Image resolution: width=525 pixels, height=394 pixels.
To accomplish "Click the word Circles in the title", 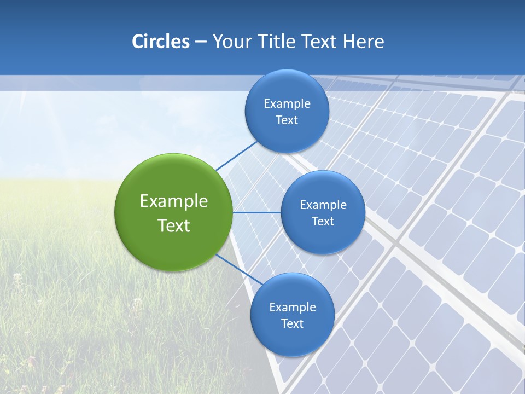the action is pyautogui.click(x=161, y=42).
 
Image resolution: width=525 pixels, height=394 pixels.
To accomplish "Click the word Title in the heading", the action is pyautogui.click(x=276, y=42).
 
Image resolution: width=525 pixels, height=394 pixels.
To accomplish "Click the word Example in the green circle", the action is pyautogui.click(x=174, y=201).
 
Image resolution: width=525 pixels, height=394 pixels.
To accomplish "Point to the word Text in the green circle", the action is pyautogui.click(x=174, y=225).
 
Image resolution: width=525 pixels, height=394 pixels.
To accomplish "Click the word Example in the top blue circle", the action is pyautogui.click(x=287, y=103).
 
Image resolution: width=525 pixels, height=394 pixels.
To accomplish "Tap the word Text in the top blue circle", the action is pyautogui.click(x=287, y=120).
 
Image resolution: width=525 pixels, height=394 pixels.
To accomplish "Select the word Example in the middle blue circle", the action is pyautogui.click(x=323, y=205).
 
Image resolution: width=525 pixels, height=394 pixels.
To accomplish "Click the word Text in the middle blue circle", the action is pyautogui.click(x=323, y=221).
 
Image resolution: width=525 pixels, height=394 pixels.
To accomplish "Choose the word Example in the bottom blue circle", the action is pyautogui.click(x=292, y=307).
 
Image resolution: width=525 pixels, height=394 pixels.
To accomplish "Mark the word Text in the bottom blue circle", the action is pyautogui.click(x=292, y=323).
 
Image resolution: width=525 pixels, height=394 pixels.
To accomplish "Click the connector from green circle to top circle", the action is pyautogui.click(x=236, y=155).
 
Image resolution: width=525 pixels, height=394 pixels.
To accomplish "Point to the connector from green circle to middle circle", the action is pyautogui.click(x=256, y=212).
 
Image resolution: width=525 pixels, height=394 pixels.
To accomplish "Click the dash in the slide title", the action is pyautogui.click(x=201, y=42).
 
